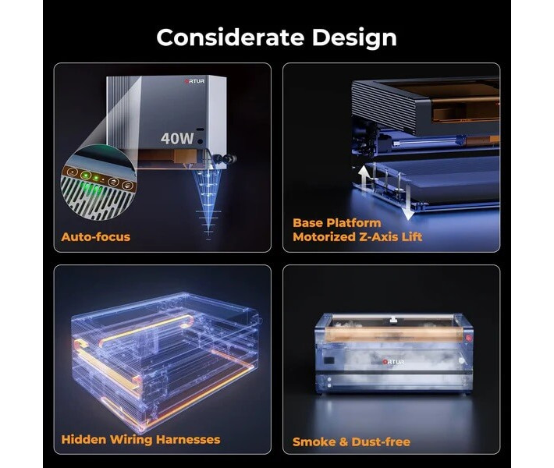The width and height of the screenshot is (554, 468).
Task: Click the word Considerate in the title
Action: [x=230, y=37]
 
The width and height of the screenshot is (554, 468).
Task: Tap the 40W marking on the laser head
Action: [x=177, y=139]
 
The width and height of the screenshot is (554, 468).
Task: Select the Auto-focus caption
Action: [x=96, y=236]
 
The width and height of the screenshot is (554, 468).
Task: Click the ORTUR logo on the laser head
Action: [x=194, y=81]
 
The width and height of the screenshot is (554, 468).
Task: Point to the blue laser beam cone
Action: [x=208, y=201]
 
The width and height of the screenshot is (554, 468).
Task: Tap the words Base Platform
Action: [x=337, y=223]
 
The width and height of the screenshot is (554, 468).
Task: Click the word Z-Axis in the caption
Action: [x=378, y=236]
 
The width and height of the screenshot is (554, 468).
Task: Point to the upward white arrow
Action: [x=363, y=179]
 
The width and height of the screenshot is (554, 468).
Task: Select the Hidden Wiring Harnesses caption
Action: [x=140, y=439]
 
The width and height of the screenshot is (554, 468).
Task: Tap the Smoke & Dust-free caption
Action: [x=352, y=441]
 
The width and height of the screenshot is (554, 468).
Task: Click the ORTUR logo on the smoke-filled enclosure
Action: [x=393, y=362]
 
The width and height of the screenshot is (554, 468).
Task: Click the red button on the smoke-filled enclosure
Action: [x=468, y=338]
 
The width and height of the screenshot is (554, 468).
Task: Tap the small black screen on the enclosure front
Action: [x=329, y=360]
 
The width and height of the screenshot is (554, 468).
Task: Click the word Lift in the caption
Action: [x=412, y=236]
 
